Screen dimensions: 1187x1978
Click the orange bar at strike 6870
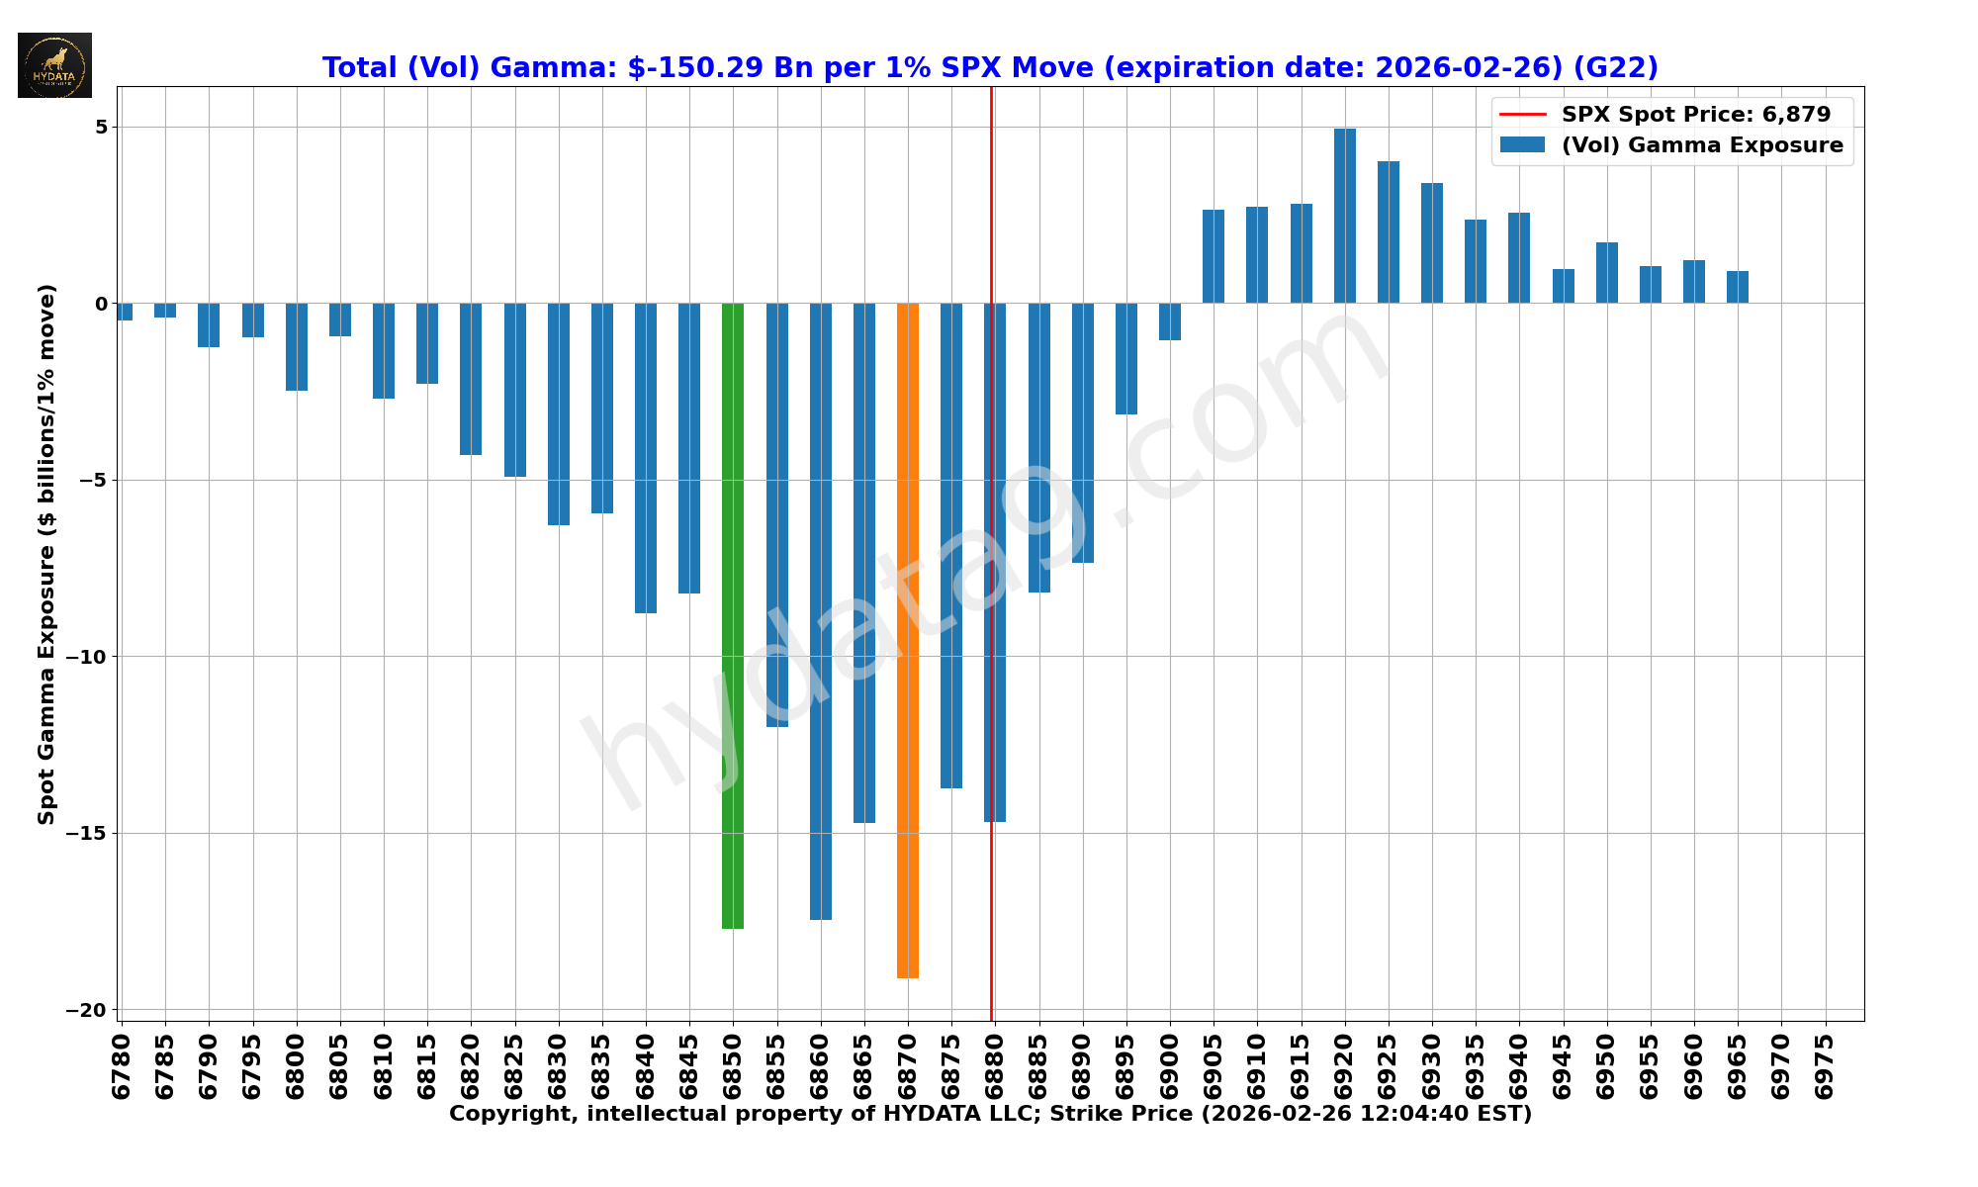coord(907,640)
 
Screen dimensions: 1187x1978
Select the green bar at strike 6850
coord(733,615)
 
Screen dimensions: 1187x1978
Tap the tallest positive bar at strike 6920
coord(1344,216)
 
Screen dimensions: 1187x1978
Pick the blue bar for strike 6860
coord(820,611)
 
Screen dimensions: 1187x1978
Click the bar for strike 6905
coord(1214,256)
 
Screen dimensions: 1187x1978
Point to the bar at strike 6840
coord(646,458)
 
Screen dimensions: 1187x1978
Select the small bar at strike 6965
coord(1738,287)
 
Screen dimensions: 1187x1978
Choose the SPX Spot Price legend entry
coord(1695,115)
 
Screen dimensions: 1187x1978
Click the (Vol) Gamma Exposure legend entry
coord(1701,145)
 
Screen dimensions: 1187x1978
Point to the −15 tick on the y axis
coord(87,833)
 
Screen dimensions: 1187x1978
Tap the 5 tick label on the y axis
coord(102,127)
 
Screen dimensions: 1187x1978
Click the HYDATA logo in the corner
coord(54,65)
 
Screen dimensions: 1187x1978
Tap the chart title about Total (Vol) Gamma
coord(990,67)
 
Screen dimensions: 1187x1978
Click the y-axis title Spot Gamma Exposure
coord(46,554)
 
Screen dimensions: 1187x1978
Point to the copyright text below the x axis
coord(990,1114)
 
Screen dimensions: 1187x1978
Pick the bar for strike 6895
coord(1126,358)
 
